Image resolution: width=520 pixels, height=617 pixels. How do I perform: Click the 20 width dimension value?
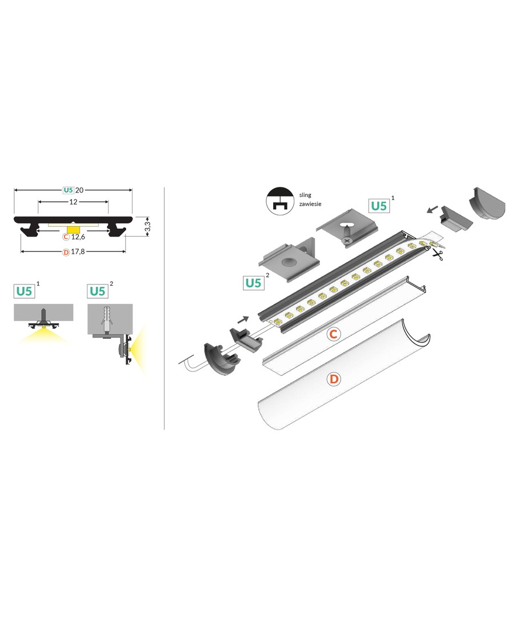tap(79, 190)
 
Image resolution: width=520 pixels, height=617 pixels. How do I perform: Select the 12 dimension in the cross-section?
tap(73, 202)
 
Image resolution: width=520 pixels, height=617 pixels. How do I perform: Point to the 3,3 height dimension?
tap(147, 226)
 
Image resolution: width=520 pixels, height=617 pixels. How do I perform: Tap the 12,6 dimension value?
tap(78, 237)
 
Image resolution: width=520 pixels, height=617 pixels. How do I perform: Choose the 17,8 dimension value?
tap(78, 251)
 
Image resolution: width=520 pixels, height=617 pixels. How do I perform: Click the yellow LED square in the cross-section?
tap(73, 229)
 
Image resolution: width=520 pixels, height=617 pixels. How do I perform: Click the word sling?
tap(305, 195)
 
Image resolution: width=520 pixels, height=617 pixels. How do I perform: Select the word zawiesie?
tap(310, 204)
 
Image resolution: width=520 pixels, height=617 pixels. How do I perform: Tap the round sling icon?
tap(280, 201)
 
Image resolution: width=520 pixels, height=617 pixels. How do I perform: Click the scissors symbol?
tap(437, 254)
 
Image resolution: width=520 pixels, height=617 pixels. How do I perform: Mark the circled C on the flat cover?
tap(333, 334)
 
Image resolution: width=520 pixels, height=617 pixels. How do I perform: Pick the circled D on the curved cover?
tap(333, 379)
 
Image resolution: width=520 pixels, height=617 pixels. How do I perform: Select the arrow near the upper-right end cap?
tap(432, 210)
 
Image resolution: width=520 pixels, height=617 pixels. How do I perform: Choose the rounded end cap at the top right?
tap(487, 203)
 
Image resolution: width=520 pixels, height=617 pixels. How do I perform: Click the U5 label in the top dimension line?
tap(69, 190)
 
